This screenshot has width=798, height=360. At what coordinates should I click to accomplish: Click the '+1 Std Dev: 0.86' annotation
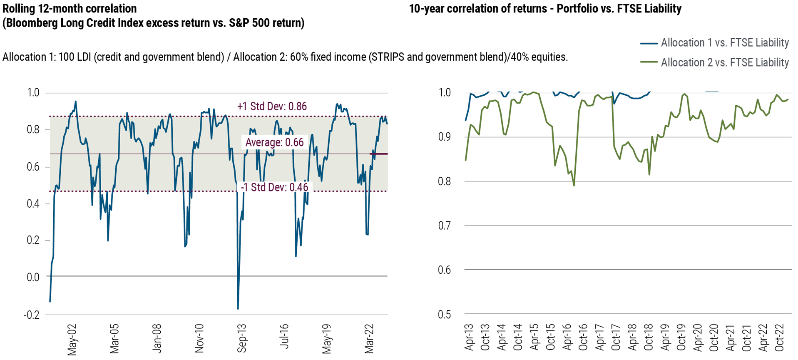coord(272,107)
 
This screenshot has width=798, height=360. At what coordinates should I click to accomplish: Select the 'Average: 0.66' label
coord(274,142)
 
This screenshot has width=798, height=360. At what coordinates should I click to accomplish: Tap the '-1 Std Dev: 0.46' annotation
coord(275,187)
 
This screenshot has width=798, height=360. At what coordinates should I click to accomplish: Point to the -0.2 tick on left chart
coord(32,315)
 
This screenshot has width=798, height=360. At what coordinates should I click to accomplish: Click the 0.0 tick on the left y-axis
coord(33,277)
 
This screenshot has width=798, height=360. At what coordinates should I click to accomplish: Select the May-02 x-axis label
coord(72,340)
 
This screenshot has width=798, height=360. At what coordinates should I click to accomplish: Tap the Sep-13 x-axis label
coord(241,338)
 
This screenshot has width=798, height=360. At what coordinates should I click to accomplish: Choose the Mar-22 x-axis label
coord(369,339)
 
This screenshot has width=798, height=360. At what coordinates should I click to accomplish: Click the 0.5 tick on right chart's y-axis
coord(444,315)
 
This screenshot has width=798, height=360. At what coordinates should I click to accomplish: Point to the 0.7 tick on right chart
coord(444,226)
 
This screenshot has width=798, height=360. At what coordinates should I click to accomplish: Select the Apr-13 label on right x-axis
coord(469,337)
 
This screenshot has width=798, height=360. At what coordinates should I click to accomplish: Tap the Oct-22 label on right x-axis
coord(779,338)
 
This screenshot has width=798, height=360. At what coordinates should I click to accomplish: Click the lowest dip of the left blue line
coord(238,308)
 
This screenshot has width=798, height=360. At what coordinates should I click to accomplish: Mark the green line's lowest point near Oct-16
coord(574,185)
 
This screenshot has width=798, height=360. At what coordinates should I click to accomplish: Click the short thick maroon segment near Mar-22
coord(379,154)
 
